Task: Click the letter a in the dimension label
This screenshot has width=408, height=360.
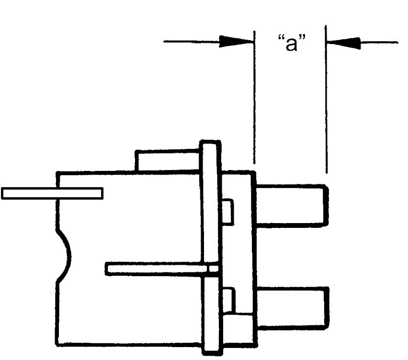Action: (291, 44)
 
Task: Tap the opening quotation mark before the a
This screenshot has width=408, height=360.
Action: (281, 38)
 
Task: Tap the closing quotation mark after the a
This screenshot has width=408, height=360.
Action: (302, 38)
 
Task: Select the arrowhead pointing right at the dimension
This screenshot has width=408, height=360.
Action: (236, 41)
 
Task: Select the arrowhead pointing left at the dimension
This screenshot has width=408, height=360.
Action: (343, 43)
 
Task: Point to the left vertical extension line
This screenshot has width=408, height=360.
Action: (254, 97)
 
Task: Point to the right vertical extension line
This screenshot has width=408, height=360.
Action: (326, 99)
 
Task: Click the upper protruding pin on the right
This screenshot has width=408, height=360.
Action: (292, 205)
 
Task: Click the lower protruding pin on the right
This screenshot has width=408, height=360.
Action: (293, 308)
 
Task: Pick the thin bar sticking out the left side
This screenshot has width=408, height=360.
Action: (52, 193)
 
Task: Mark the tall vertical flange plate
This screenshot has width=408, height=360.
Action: (211, 247)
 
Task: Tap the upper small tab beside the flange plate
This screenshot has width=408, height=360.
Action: (227, 211)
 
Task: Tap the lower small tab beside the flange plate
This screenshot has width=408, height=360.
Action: (229, 300)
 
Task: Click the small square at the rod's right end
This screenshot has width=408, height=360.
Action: (214, 269)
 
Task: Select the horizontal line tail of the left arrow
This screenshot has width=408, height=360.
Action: (191, 41)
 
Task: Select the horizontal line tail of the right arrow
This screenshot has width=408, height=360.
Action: (379, 42)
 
